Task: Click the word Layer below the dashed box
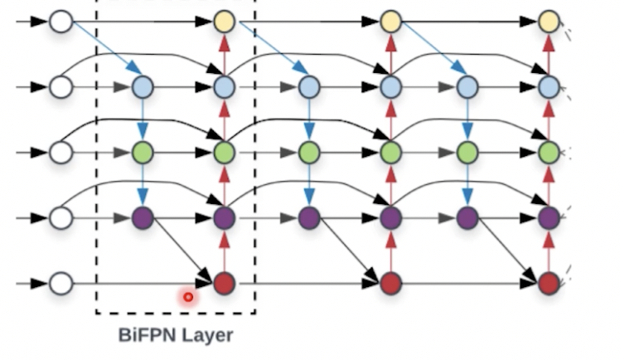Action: (206, 336)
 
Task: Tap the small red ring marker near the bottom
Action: (188, 296)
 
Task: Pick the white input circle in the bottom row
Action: (61, 284)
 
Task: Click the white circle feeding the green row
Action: (61, 153)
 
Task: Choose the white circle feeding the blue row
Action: (61, 86)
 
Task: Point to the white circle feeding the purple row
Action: (61, 218)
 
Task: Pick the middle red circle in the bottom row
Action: (390, 284)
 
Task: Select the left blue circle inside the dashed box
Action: (143, 86)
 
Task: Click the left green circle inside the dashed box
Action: (143, 153)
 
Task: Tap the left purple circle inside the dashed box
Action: (143, 218)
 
